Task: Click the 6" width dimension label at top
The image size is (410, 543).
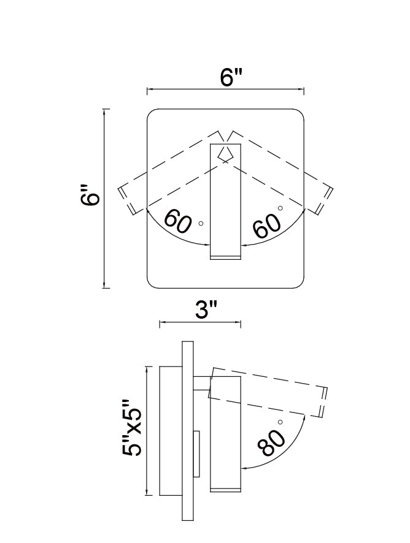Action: tap(232, 78)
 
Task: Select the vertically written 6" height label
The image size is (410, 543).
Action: tap(91, 198)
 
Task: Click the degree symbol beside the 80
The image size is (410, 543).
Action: tap(280, 422)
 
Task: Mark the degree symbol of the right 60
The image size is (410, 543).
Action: tap(280, 208)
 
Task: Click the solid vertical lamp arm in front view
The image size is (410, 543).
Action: tap(226, 196)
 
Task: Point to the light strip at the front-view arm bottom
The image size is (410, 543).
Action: tap(226, 256)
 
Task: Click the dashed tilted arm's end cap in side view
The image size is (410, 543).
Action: tap(324, 401)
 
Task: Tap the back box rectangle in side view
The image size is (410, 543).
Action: tap(170, 431)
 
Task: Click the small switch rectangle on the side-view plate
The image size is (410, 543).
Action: tap(196, 454)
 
